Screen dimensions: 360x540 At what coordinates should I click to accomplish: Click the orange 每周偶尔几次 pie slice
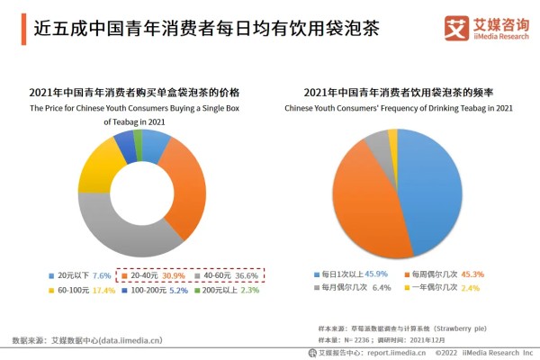coord(360,202)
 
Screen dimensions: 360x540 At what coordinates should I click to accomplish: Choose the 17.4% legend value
coord(103,292)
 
